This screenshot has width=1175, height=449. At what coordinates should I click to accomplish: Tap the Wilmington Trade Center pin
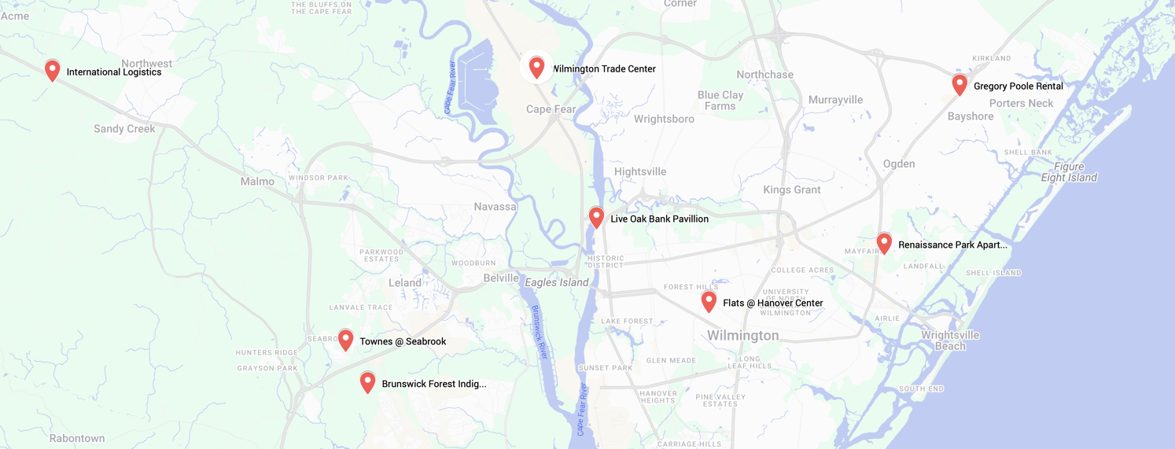[x=536, y=67]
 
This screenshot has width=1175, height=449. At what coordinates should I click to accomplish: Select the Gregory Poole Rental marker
[x=960, y=84]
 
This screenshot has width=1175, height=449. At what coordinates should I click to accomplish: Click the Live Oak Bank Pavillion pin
[x=596, y=217]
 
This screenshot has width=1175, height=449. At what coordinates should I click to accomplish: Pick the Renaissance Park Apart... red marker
[x=884, y=243]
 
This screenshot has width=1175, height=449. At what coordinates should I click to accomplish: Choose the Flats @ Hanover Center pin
[x=709, y=301]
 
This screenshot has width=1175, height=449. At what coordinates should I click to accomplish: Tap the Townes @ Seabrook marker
[x=345, y=340]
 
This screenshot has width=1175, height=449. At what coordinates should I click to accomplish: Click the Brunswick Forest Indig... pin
[x=367, y=382]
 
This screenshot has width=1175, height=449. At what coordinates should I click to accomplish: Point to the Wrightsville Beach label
[x=950, y=340]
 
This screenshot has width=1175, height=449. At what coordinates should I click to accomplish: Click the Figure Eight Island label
[x=1069, y=172]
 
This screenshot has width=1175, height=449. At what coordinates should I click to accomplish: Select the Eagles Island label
[x=557, y=282]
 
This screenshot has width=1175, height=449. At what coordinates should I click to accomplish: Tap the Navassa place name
[x=495, y=207]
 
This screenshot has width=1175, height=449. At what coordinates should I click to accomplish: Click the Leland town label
[x=405, y=283]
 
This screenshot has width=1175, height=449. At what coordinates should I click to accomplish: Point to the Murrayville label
[x=835, y=100]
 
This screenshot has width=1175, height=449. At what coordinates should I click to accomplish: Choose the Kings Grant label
[x=791, y=190]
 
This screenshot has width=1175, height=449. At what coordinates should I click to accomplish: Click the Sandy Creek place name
[x=124, y=129]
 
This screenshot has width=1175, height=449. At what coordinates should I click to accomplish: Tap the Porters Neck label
[x=1021, y=103]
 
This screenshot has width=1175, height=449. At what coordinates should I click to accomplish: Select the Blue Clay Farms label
[x=720, y=101]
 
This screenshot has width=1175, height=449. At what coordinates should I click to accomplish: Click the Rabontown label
[x=77, y=438]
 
